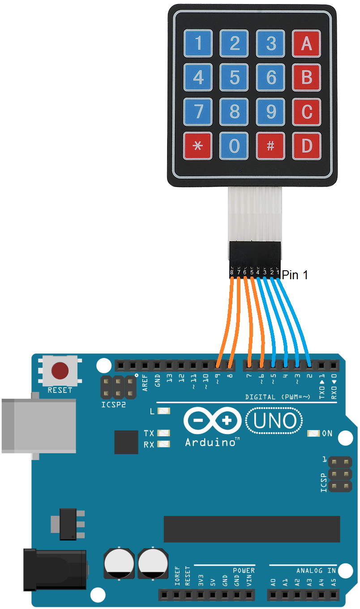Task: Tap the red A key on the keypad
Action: [306, 43]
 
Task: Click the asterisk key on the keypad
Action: [197, 146]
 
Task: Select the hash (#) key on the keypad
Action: [270, 146]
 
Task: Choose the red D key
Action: [306, 146]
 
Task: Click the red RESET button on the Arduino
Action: [60, 371]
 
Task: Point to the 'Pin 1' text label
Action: [295, 275]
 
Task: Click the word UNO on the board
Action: [274, 421]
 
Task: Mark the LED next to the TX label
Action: [164, 433]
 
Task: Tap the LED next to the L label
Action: [164, 411]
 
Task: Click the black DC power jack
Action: [54, 569]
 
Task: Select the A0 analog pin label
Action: [273, 583]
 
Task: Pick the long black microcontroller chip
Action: [252, 529]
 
